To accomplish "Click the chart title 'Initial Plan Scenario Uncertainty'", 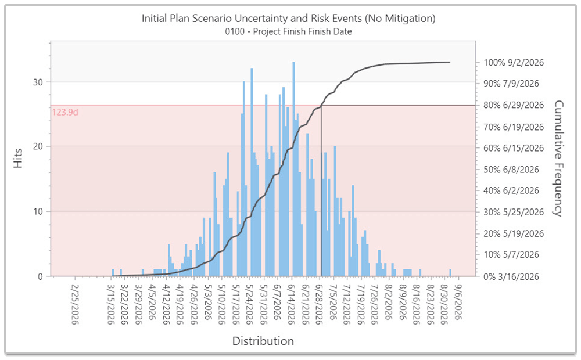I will coord(289,19).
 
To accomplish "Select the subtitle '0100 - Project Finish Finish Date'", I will coord(289,31).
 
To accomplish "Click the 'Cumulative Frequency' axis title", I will coord(559,158).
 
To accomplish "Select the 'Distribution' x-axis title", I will coord(263,341).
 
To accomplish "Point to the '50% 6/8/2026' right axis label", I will coord(511,170).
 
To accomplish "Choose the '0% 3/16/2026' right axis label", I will coord(511,276).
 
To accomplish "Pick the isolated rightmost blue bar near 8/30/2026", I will coord(450,272).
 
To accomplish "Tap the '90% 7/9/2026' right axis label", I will coord(511,84).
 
